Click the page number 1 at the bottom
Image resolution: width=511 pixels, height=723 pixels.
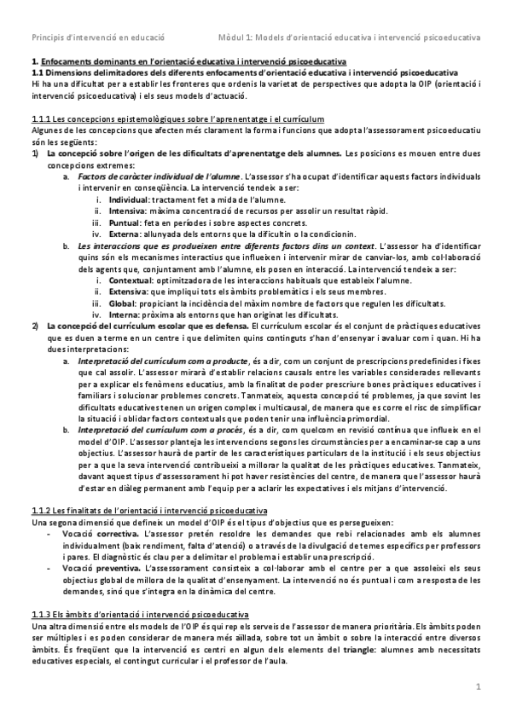(478, 686)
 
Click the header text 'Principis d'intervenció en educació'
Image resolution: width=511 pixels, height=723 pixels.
(97, 38)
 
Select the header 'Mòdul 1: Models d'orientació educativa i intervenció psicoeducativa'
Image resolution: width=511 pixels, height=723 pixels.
(349, 38)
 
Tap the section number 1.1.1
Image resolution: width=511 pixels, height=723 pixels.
(40, 117)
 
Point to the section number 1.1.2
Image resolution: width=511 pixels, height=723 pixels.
(40, 510)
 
